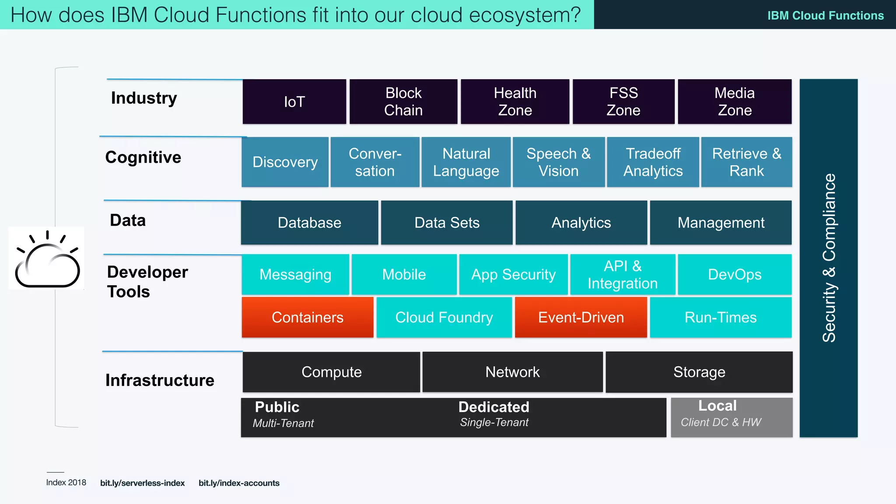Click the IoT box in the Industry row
[x=294, y=101]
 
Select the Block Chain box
[x=403, y=101]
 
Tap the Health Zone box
[x=515, y=101]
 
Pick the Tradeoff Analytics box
[x=653, y=162]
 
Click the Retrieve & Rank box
[x=746, y=162]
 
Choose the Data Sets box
[x=447, y=223]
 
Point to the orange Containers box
[x=308, y=317]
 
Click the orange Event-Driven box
[x=581, y=317]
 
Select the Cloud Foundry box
[x=444, y=317]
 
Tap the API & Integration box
[x=623, y=275]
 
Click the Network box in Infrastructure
[x=512, y=372]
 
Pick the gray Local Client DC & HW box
[x=731, y=417]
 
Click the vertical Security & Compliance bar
[x=828, y=258]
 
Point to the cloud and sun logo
[x=47, y=259]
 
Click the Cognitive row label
[x=143, y=157]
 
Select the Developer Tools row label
[x=147, y=281]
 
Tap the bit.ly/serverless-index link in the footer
[x=142, y=483]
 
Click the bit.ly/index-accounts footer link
[x=239, y=483]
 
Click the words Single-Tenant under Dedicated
[x=494, y=423]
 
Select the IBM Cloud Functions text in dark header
[x=825, y=16]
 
